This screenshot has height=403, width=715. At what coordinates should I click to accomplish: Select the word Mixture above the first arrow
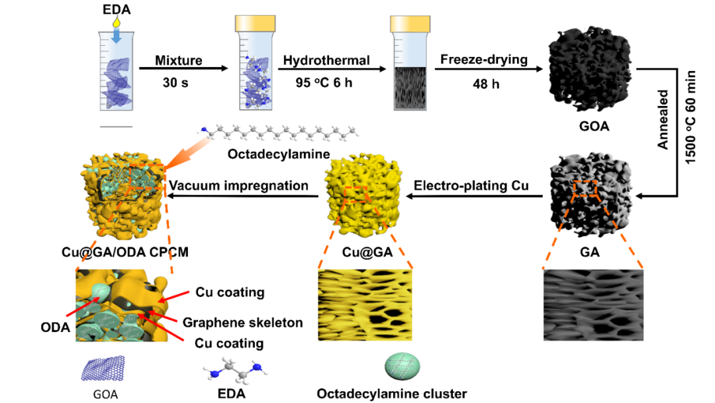[178, 61]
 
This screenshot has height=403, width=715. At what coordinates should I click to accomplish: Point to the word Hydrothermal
[326, 61]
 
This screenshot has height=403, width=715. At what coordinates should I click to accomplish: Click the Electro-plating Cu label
[471, 186]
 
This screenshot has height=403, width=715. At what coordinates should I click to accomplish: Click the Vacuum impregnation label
[239, 186]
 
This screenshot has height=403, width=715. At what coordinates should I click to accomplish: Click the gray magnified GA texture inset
[593, 304]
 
